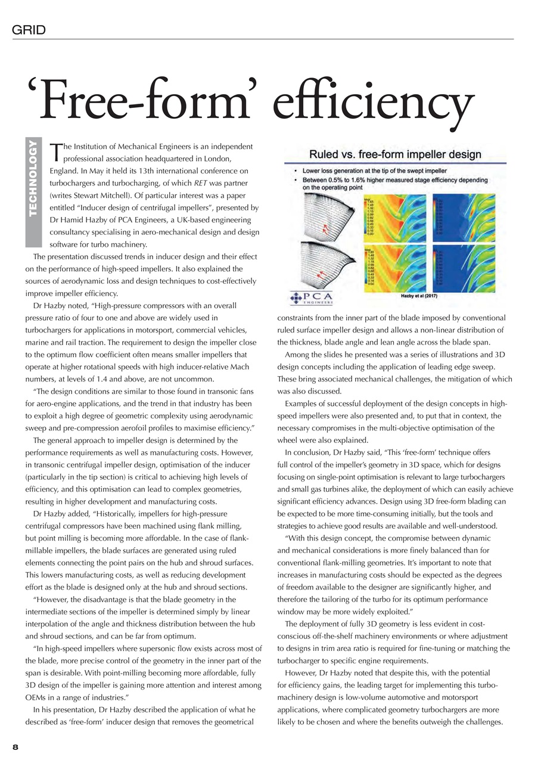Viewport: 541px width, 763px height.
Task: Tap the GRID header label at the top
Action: [x=29, y=30]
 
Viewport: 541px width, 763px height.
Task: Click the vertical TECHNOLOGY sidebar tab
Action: [x=33, y=192]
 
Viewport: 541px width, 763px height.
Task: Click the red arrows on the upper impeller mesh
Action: [x=326, y=226]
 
